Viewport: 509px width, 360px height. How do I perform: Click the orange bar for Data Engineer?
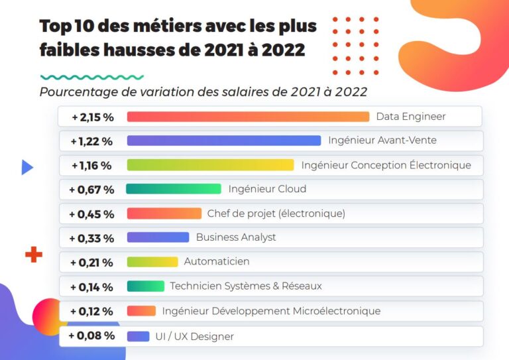click(248, 117)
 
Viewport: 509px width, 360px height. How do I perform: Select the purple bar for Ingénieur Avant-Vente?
click(223, 141)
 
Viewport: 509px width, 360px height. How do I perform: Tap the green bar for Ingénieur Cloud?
click(173, 189)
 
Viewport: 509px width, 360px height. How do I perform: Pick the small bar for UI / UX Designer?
click(138, 336)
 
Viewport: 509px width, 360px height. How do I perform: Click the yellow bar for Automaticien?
click(152, 262)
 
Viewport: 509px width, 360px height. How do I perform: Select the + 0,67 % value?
click(91, 190)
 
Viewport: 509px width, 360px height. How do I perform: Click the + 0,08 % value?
click(91, 335)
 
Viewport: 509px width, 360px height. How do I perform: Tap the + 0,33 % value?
click(91, 238)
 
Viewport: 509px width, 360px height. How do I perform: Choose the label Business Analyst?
click(236, 237)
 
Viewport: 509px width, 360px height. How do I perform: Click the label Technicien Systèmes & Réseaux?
click(246, 286)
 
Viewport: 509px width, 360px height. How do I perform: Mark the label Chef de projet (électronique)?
click(276, 213)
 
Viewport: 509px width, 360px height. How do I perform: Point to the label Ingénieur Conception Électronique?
click(386, 165)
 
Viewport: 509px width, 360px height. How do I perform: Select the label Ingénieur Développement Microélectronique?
click(271, 311)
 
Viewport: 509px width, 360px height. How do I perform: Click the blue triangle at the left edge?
click(27, 167)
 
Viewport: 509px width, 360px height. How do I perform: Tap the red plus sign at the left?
click(33, 255)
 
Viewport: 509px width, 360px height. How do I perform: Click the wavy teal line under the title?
click(91, 78)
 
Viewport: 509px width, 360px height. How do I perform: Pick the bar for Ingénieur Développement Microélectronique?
click(141, 311)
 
